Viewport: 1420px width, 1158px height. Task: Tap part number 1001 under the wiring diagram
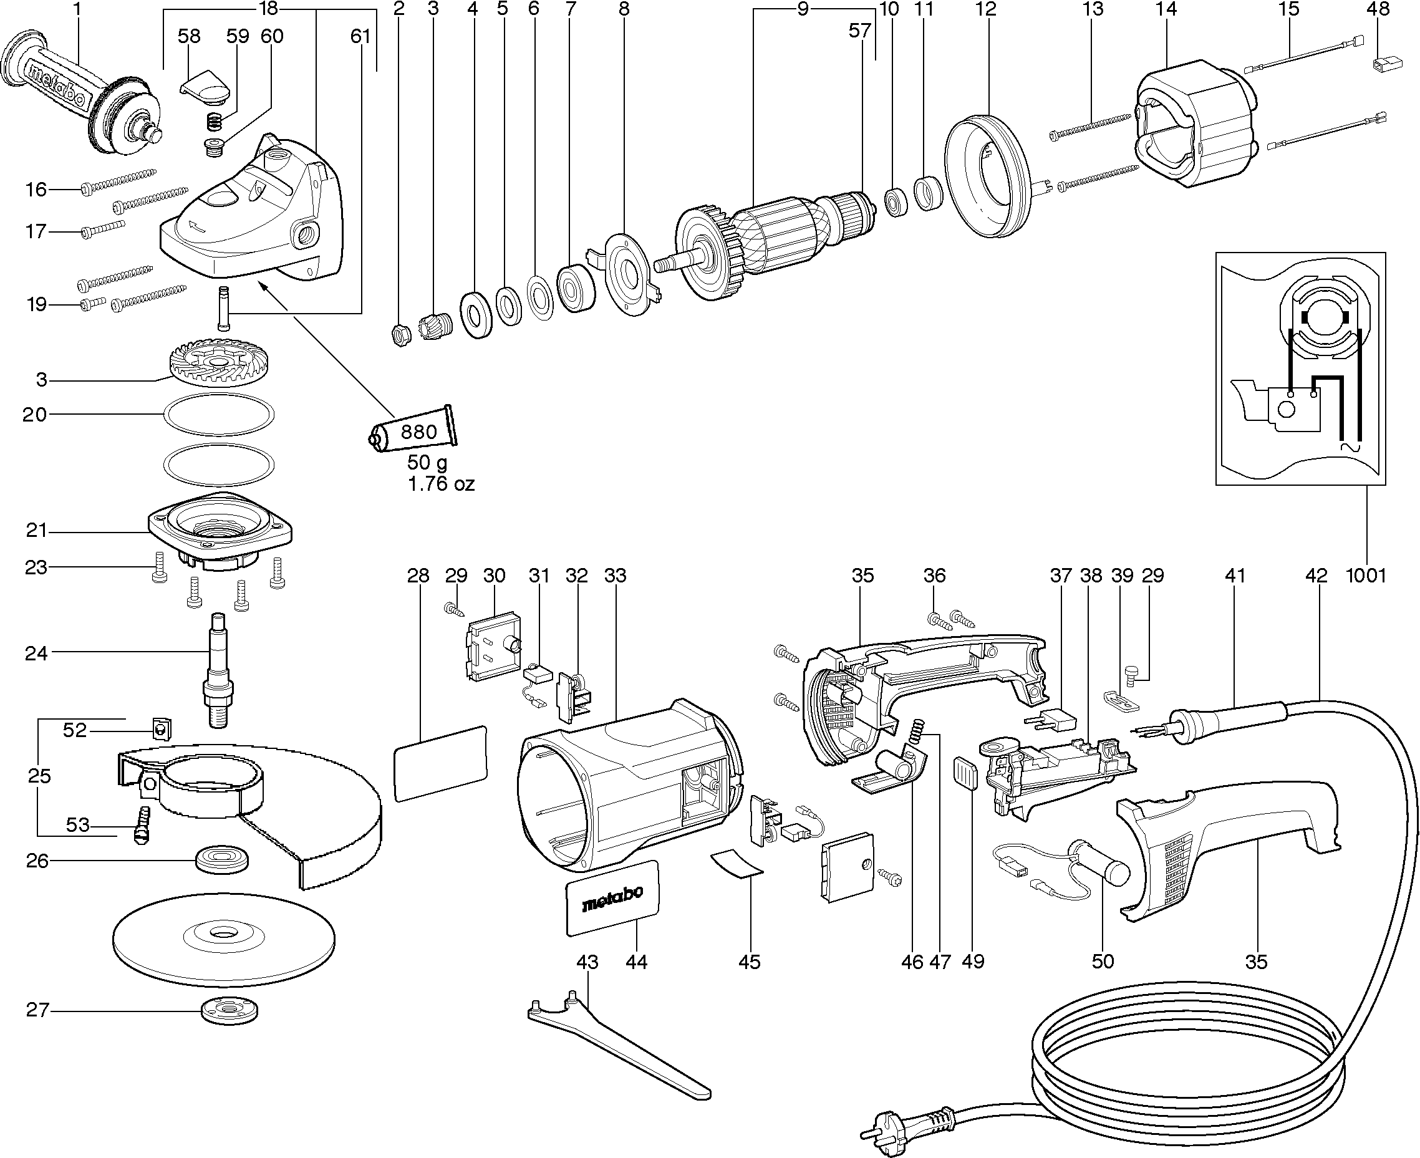pyautogui.click(x=1366, y=575)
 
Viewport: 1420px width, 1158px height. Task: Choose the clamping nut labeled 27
pyautogui.click(x=229, y=1011)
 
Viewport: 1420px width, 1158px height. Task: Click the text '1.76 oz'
pyautogui.click(x=441, y=484)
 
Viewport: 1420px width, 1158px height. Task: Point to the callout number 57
pyautogui.click(x=860, y=31)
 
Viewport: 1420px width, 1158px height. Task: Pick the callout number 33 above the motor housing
pyautogui.click(x=615, y=575)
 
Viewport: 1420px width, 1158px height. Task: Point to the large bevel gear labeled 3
pyautogui.click(x=218, y=365)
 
